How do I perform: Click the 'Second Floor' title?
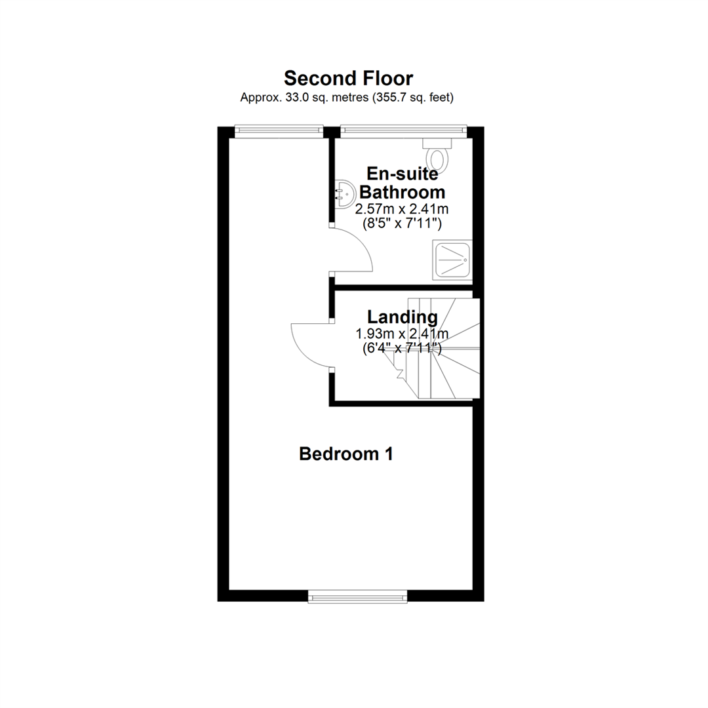pyautogui.click(x=348, y=78)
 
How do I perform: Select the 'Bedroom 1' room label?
pyautogui.click(x=346, y=454)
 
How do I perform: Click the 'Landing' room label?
pyautogui.click(x=403, y=317)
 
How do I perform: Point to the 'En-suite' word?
pyautogui.click(x=403, y=173)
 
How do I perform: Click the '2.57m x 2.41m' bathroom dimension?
pyautogui.click(x=402, y=209)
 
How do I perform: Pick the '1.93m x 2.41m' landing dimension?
pyautogui.click(x=402, y=334)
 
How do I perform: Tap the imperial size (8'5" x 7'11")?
pyautogui.click(x=403, y=224)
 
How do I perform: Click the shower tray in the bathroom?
pyautogui.click(x=452, y=260)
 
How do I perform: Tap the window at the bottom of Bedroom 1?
pyautogui.click(x=358, y=597)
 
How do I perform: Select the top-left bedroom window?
pyautogui.click(x=279, y=131)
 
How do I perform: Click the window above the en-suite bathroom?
pyautogui.click(x=403, y=131)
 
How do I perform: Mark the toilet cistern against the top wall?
pyautogui.click(x=437, y=143)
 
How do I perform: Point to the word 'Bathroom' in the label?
pyautogui.click(x=403, y=192)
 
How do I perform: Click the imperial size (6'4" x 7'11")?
pyautogui.click(x=403, y=349)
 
